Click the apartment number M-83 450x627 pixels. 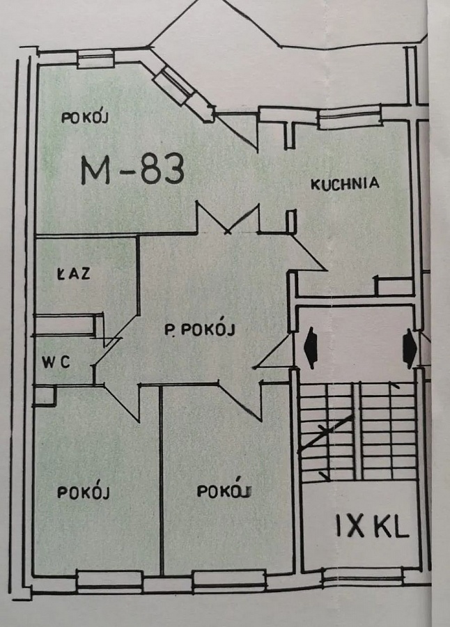132,169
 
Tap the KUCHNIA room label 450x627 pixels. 344,184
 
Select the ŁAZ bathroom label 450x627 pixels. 72,274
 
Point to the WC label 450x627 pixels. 56,362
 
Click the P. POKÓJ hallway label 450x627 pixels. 199,330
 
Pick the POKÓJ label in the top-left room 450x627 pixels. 86,117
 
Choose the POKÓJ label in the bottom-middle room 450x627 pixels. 223,491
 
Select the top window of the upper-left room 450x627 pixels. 95,60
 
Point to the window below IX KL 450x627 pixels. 362,575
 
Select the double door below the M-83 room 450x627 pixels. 228,218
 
